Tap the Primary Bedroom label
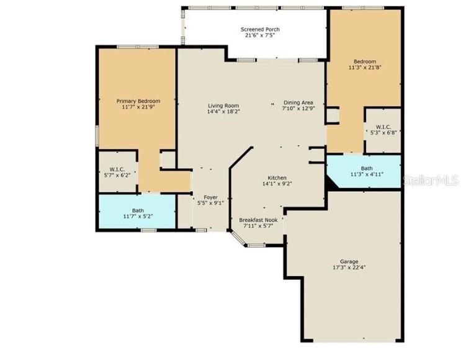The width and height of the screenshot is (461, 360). [138, 101]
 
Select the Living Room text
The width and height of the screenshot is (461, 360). [223, 106]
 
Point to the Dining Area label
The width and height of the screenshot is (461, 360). [298, 102]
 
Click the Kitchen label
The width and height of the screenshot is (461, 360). [277, 177]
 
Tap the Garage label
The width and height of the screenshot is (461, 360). [349, 261]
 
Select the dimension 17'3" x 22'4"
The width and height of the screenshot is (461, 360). [349, 268]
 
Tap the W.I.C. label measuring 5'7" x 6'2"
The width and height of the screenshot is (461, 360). [118, 169]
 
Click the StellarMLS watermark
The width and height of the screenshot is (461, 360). [431, 181]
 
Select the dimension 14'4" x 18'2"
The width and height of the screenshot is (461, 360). [223, 112]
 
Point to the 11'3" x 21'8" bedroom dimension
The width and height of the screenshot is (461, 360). [365, 68]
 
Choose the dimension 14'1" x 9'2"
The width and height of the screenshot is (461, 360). [277, 184]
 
